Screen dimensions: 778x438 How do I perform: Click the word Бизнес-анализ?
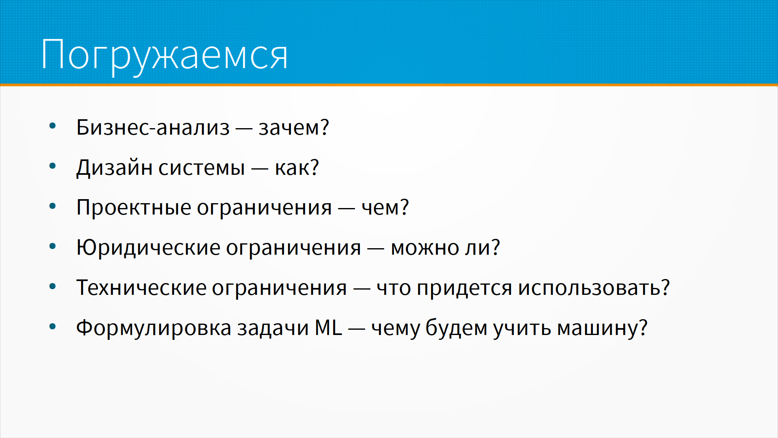[153, 127]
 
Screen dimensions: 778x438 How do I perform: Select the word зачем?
[294, 127]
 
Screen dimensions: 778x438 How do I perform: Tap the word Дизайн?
[114, 168]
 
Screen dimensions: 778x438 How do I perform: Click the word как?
[297, 167]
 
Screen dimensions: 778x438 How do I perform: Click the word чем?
[385, 207]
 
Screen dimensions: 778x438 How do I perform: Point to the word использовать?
[594, 288]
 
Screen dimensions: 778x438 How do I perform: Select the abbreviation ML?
[329, 327]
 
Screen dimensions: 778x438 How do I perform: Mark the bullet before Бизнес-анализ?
[52, 126]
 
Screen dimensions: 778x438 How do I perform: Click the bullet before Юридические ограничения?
[52, 246]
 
